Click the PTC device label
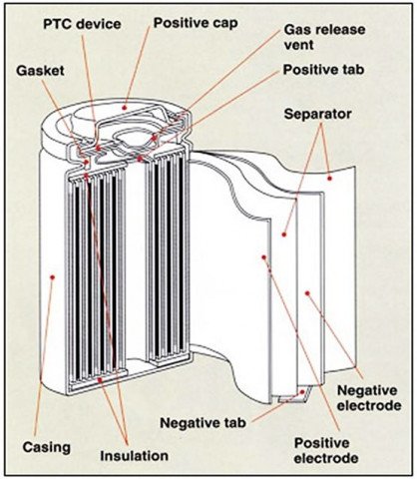pos(82,24)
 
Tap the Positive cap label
pos(196,23)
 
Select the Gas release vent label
pos(324,37)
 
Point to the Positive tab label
pos(323,70)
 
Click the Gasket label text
pos(40,71)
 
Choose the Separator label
pos(317,114)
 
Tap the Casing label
pos(47,447)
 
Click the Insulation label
pos(135,456)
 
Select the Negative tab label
pos(203,423)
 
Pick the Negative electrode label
pos(369,398)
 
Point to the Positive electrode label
pos(326,451)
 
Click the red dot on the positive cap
pos(125,108)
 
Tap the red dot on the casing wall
pos(52,276)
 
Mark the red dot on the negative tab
pos(302,392)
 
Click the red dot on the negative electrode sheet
pos(307,293)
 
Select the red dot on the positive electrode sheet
pos(263,257)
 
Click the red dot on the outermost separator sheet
pos(329,179)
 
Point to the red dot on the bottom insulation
pos(99,379)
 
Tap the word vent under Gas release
pos(299,45)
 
